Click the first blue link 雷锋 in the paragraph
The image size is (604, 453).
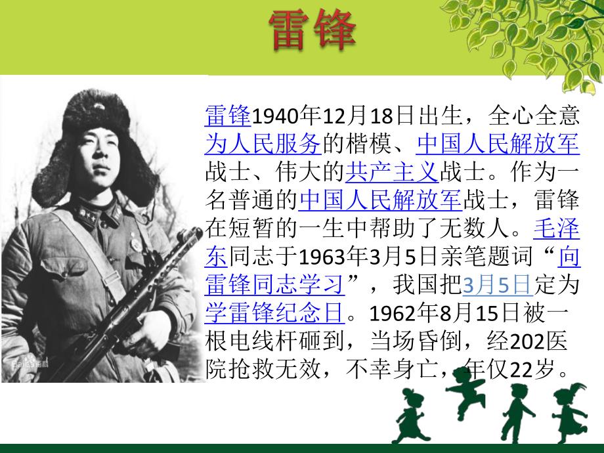point(228,116)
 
